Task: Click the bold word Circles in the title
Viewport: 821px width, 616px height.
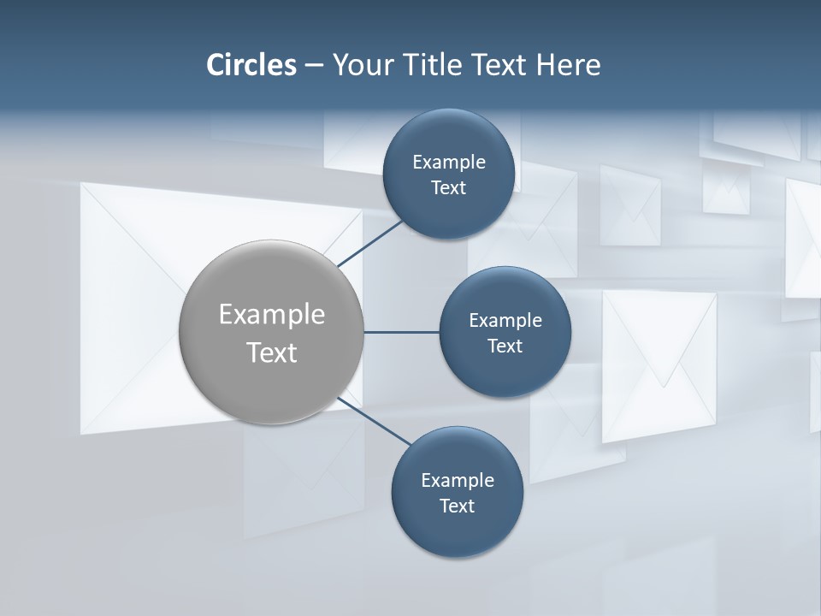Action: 251,65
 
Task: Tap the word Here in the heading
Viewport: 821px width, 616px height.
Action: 568,65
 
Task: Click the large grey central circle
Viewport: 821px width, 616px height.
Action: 272,376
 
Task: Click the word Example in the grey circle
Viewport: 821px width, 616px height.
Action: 272,315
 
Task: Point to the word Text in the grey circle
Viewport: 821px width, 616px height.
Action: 272,352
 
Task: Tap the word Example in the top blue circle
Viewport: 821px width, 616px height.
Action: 449,162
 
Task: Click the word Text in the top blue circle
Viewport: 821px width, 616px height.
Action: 448,188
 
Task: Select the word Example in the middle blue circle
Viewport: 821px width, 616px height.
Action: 505,320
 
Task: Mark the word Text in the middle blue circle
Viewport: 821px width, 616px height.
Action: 505,346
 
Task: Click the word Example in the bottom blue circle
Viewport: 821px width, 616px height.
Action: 458,480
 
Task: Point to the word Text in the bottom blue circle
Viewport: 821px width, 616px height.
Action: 457,506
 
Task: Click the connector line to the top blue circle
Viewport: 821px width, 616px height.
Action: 371,243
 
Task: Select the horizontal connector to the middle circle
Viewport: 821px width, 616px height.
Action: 401,332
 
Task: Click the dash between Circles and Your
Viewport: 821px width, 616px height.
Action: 313,66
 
